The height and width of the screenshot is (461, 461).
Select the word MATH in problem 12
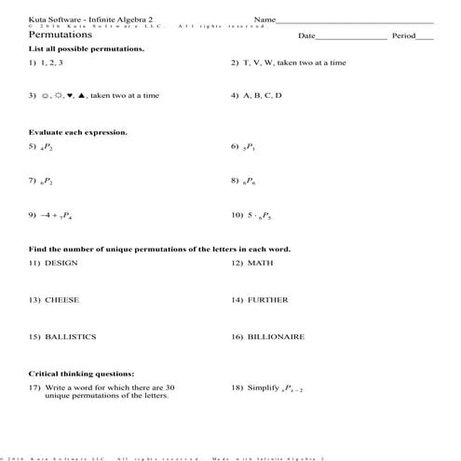260,264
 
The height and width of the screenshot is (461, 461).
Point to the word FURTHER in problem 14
267,300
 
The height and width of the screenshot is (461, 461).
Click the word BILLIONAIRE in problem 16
276,336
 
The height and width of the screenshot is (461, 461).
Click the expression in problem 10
258,216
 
